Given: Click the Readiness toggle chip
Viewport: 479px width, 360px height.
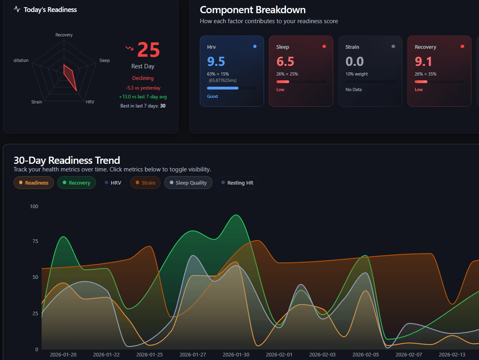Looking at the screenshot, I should tap(34, 183).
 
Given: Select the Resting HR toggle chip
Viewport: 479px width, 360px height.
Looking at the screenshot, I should tap(237, 183).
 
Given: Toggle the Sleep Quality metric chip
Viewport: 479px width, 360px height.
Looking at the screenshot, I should tap(188, 183).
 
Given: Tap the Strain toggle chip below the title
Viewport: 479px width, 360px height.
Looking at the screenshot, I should tap(145, 183).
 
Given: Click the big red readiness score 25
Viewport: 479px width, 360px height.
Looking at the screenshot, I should tap(148, 50).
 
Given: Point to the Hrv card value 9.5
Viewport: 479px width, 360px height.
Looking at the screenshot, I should tap(216, 62).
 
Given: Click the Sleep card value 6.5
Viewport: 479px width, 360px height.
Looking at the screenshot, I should tap(285, 62).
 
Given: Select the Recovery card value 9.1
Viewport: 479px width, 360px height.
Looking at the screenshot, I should tap(423, 62).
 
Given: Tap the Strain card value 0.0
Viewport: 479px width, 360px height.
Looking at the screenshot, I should tap(354, 62).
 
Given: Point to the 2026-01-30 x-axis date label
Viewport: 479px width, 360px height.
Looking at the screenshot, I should tap(236, 354).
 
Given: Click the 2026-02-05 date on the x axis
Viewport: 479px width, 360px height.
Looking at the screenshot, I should tap(366, 354).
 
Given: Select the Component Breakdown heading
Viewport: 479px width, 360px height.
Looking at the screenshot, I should tap(252, 10).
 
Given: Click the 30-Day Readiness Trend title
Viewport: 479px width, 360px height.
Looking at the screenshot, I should tap(67, 160).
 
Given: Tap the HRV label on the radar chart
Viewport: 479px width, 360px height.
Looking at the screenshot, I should tap(90, 102).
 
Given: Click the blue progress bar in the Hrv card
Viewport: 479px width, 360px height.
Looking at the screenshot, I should tap(223, 88).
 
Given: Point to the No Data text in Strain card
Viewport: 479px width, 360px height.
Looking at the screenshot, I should tap(354, 90).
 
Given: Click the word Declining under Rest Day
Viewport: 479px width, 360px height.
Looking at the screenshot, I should tap(143, 78).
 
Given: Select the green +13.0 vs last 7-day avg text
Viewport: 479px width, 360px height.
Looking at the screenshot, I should tap(143, 97).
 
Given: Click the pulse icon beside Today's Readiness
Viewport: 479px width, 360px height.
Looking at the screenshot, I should tap(17, 9).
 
